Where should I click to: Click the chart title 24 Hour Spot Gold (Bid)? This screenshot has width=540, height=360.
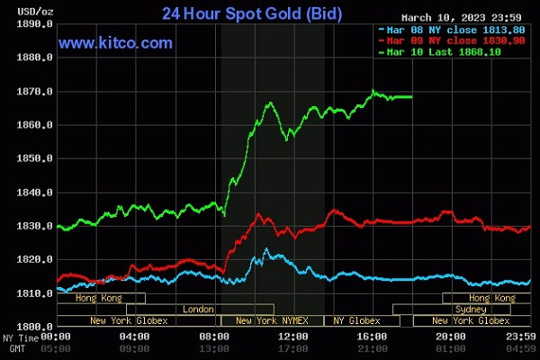[x=246, y=13]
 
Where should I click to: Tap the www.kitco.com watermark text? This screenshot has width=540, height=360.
[x=115, y=43]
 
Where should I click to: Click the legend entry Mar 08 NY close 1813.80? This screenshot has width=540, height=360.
[x=443, y=29]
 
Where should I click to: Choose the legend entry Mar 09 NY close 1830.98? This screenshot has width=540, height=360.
[x=443, y=40]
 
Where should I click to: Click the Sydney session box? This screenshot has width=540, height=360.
[x=476, y=310]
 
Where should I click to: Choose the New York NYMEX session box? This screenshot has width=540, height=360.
[x=270, y=320]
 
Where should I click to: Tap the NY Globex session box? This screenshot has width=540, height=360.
[x=357, y=320]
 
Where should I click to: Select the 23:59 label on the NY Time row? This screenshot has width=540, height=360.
[x=521, y=337]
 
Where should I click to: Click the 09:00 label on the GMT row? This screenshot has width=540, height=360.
[x=135, y=347]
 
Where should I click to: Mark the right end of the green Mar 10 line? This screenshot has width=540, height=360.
[x=411, y=96]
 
